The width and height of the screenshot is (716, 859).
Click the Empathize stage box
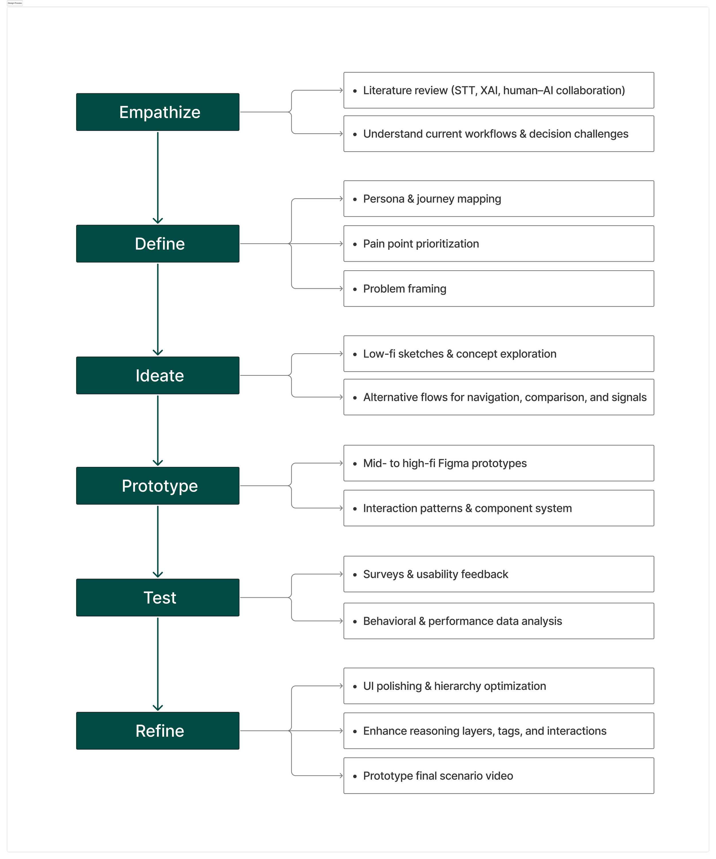click(158, 112)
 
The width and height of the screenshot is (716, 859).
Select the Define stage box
click(158, 243)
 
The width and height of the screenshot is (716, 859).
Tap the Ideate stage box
click(158, 375)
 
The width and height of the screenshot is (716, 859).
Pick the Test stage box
click(158, 597)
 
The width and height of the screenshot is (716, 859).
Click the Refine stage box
click(158, 731)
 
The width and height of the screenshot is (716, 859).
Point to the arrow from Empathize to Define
click(158, 178)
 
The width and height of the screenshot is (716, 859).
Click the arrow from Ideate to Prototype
click(158, 430)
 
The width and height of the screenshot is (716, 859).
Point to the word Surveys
click(383, 574)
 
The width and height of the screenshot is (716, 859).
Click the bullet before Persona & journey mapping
click(355, 199)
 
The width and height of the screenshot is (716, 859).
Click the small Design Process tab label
click(15, 3)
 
